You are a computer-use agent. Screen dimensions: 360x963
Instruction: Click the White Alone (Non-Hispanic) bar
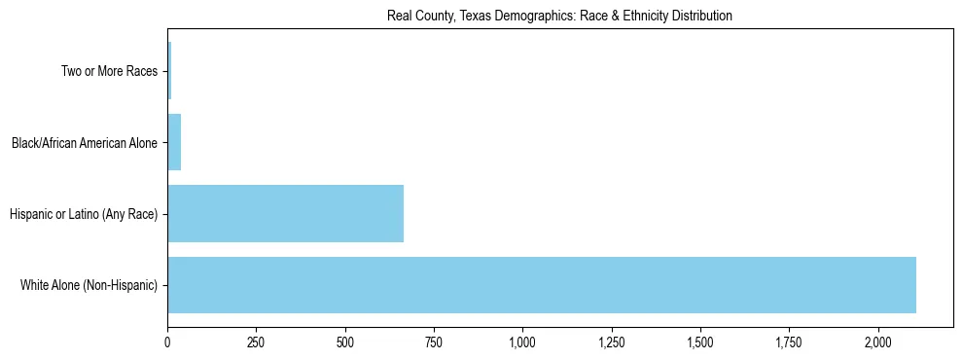[542, 285]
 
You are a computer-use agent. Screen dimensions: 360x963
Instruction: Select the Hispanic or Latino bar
[285, 213]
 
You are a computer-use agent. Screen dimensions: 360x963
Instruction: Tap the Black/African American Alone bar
[174, 142]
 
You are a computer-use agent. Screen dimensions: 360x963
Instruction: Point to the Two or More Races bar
[169, 71]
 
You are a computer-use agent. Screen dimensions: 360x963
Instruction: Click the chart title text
[559, 16]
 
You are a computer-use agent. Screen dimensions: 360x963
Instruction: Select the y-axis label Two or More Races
[108, 71]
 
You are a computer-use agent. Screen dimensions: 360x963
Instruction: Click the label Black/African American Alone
[84, 143]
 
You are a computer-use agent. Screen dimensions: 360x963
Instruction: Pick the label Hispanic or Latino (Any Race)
[83, 214]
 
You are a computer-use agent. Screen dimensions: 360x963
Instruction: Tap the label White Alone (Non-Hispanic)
[88, 285]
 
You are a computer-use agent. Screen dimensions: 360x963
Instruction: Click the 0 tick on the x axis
[167, 342]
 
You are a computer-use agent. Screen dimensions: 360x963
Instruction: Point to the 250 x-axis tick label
[256, 342]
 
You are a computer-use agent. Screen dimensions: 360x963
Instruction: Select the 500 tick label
[344, 342]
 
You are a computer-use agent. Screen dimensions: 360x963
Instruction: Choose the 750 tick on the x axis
[434, 342]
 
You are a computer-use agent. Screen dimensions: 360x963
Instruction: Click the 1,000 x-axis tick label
[522, 342]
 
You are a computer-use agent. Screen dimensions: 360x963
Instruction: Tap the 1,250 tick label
[611, 342]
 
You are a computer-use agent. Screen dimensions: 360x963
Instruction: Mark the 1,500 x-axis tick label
[700, 342]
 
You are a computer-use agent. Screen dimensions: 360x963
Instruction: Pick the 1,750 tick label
[789, 342]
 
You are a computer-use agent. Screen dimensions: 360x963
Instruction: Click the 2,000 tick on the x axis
[877, 342]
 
